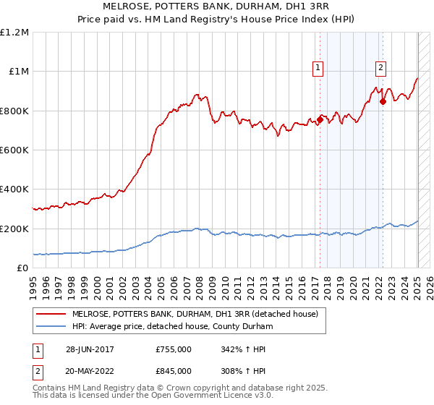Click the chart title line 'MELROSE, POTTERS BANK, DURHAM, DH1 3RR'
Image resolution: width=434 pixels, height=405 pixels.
click(x=216, y=7)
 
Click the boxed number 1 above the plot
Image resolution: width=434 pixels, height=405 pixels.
click(x=318, y=69)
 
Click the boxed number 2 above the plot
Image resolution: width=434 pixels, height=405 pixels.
click(x=380, y=69)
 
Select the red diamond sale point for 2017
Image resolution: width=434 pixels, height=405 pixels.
click(x=319, y=119)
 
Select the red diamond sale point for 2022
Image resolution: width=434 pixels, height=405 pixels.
click(x=383, y=102)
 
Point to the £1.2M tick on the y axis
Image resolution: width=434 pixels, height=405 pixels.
click(x=14, y=33)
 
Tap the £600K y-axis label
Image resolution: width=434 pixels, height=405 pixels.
click(x=14, y=150)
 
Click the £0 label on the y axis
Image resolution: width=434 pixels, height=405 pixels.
click(x=22, y=268)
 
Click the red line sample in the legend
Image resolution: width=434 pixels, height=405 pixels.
click(x=52, y=314)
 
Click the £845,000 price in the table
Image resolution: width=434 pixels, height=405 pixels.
click(x=174, y=371)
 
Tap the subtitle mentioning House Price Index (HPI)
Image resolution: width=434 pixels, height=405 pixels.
click(x=216, y=20)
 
